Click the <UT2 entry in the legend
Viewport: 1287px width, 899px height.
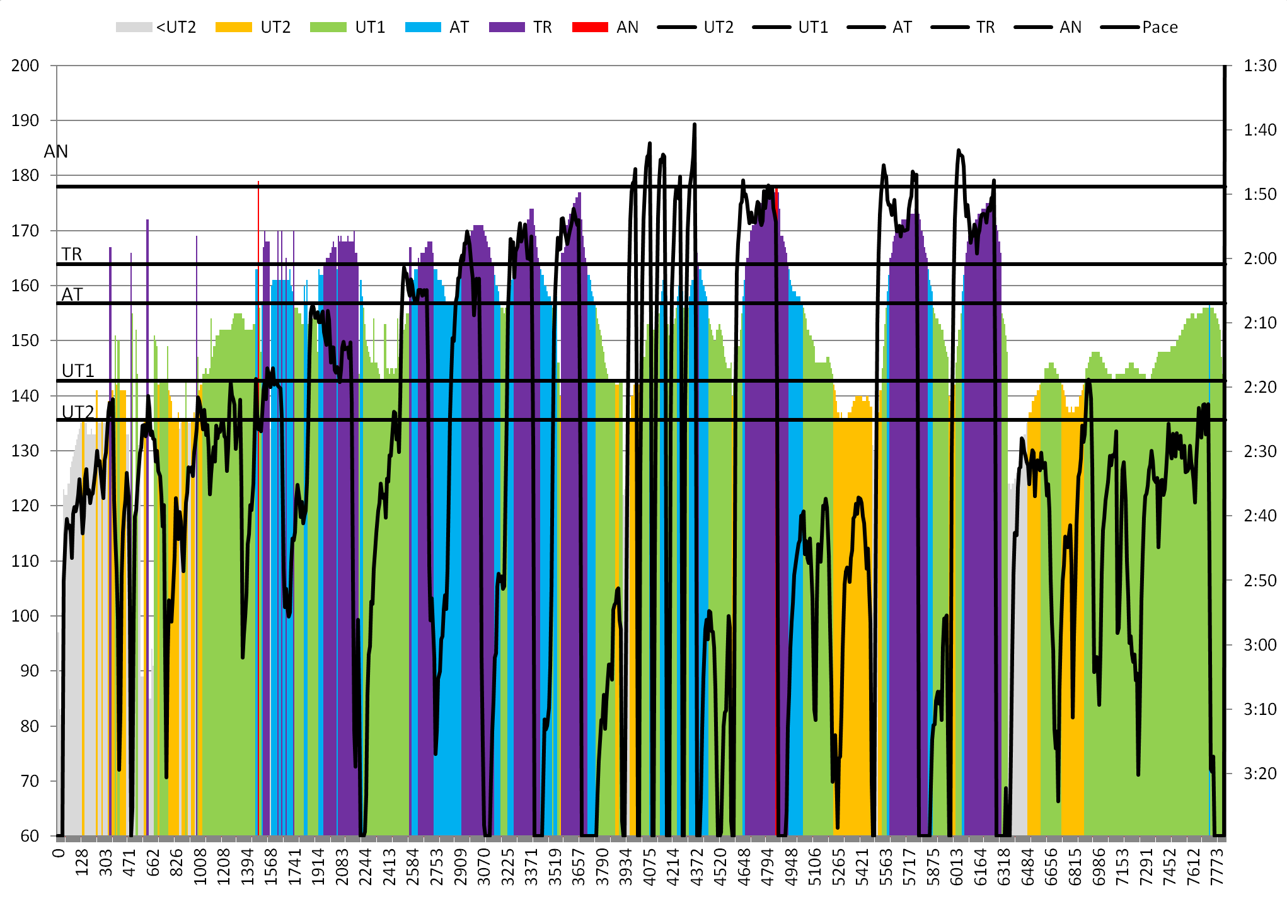click(156, 27)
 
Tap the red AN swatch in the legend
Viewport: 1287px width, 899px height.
click(590, 27)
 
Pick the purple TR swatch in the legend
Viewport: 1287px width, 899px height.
click(507, 27)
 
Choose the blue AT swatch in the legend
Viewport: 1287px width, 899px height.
click(423, 27)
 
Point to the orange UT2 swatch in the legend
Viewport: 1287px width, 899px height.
click(233, 27)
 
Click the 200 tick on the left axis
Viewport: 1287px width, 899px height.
click(25, 66)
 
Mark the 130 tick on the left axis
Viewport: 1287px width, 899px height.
click(25, 451)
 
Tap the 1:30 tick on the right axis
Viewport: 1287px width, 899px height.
click(1260, 66)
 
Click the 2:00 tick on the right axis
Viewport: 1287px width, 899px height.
click(1260, 258)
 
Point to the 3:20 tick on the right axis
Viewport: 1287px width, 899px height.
click(1260, 773)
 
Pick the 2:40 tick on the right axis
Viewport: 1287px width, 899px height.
click(1260, 516)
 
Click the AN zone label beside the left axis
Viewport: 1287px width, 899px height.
click(55, 151)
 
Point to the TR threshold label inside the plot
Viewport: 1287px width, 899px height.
click(72, 254)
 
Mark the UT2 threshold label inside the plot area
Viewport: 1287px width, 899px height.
click(78, 412)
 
